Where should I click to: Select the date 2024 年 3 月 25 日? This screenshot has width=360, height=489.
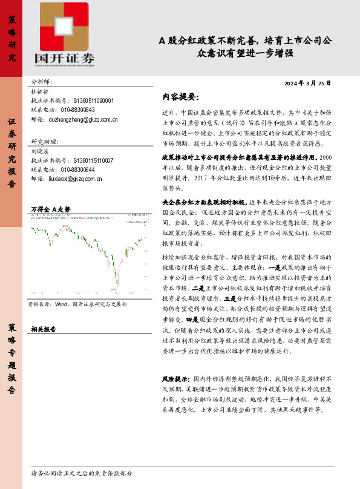(x=307, y=82)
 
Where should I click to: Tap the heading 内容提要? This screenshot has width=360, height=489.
(x=180, y=97)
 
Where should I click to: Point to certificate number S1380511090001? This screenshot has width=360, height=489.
(x=93, y=100)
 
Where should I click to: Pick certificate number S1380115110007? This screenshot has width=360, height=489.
(x=93, y=160)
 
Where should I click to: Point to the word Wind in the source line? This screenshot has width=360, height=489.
(x=61, y=306)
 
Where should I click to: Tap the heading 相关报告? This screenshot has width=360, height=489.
(x=44, y=330)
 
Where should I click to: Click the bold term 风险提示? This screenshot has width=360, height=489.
(x=176, y=378)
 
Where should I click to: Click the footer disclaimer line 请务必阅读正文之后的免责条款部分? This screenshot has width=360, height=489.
(x=82, y=473)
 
